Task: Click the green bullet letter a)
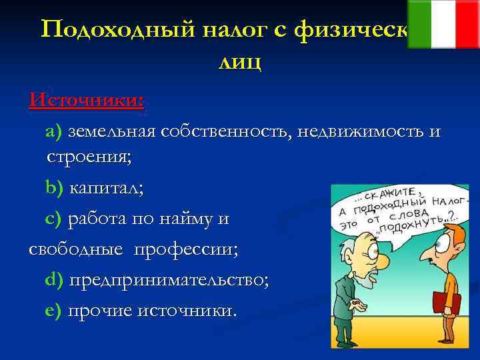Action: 53,131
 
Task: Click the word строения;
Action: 89,158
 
